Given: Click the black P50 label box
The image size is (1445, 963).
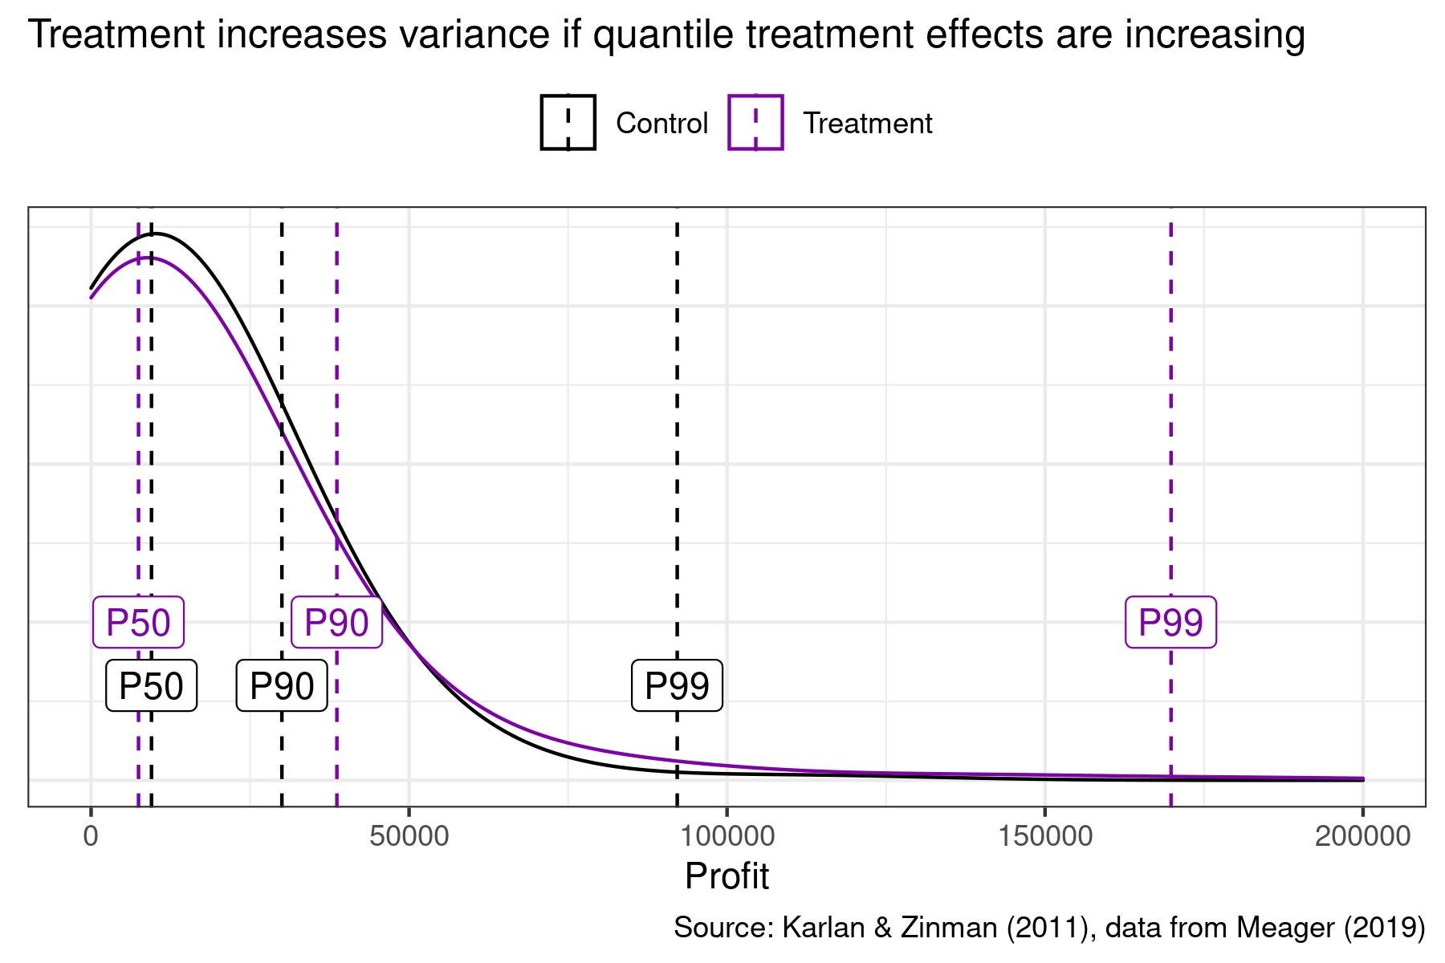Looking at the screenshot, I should [x=151, y=686].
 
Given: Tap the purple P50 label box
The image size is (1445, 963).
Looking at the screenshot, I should [x=139, y=623].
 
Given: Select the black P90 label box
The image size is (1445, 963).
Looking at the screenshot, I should [x=282, y=686].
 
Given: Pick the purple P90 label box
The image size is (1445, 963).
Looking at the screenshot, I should [x=336, y=623].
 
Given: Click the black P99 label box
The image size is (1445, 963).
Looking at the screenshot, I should [x=677, y=686].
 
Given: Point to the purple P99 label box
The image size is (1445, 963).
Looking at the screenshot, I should [x=1170, y=623].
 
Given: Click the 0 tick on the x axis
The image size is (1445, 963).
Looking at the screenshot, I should [x=91, y=836].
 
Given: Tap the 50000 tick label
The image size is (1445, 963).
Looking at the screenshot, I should [x=409, y=836].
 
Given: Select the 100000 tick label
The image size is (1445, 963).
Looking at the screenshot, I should [x=727, y=836].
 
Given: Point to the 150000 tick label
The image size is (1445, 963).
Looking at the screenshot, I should [x=1044, y=836].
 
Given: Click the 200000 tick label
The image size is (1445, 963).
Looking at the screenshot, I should [x=1362, y=836].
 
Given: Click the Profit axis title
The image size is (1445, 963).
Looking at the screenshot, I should [x=727, y=876].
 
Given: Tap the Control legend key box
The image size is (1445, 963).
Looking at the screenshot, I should [x=568, y=123].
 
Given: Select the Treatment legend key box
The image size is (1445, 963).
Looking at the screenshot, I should [x=755, y=123].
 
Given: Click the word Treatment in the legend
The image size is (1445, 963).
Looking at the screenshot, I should [x=867, y=124].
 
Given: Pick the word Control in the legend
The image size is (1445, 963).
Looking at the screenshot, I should [x=661, y=124].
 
